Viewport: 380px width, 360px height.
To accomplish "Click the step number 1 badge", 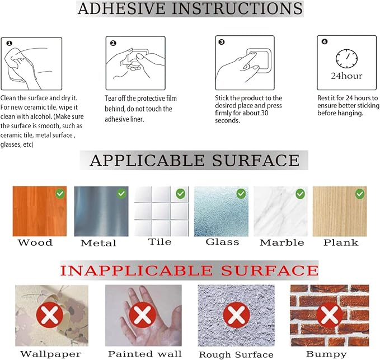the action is click(x=9, y=44).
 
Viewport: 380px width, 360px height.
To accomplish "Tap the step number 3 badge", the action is click(x=222, y=42).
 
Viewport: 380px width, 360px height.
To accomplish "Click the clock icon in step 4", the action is click(x=346, y=59).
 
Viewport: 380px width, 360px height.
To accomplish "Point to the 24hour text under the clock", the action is click(x=346, y=76).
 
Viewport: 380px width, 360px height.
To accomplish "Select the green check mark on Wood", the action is click(x=60, y=194).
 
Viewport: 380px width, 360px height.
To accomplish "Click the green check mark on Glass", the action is click(x=241, y=194).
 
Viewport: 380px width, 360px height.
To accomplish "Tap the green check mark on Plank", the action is click(x=360, y=194).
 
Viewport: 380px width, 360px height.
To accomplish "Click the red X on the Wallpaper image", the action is click(x=50, y=315).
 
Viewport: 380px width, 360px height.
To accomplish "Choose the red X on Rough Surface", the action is click(x=236, y=315).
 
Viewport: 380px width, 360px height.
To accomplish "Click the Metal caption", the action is click(x=98, y=243).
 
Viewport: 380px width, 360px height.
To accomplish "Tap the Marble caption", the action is click(x=282, y=242).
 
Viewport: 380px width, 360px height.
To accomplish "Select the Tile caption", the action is click(x=159, y=242).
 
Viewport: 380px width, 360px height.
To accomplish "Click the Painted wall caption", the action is click(x=145, y=354).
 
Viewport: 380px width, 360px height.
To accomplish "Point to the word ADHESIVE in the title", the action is click(x=121, y=8).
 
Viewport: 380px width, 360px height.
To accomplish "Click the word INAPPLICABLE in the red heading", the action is click(x=136, y=270).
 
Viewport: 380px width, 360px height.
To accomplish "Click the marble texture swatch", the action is click(x=280, y=211).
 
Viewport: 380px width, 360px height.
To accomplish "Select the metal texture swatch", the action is click(x=101, y=211).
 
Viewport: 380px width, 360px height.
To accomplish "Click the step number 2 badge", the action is click(x=113, y=43).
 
